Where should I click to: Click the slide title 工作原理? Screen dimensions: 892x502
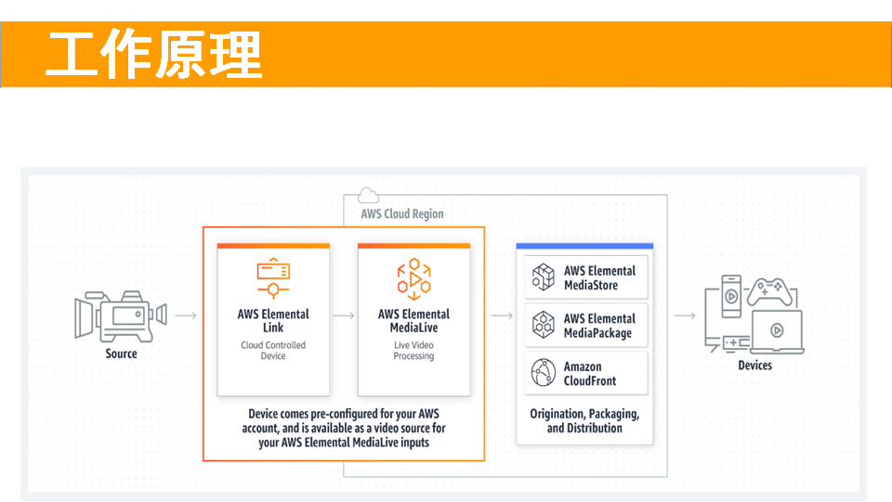click(153, 55)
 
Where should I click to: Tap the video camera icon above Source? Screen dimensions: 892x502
click(121, 316)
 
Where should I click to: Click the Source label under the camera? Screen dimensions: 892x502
click(121, 354)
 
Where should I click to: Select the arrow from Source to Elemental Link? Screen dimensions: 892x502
click(186, 315)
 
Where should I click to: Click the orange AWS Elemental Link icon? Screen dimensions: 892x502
click(273, 278)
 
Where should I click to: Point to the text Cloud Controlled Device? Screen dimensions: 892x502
click(273, 351)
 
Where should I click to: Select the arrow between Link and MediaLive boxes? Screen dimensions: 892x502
click(343, 315)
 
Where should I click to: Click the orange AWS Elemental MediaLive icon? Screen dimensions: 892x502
click(414, 278)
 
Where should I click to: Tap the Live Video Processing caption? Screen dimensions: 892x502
click(413, 351)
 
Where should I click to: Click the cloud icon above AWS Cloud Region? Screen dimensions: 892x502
click(368, 196)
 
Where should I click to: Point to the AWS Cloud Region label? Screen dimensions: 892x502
click(402, 214)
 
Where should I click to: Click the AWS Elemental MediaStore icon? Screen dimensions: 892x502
click(544, 277)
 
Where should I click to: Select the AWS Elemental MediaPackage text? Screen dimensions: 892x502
click(599, 326)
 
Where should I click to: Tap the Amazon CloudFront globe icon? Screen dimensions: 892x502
click(544, 372)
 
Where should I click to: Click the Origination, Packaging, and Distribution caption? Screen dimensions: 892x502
click(584, 420)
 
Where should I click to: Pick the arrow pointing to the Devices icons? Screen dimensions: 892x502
click(685, 315)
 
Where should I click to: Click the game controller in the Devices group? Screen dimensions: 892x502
click(769, 291)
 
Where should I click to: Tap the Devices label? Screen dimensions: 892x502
click(754, 366)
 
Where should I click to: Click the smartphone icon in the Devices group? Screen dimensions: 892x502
click(731, 296)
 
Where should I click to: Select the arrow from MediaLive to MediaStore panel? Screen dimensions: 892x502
click(502, 315)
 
